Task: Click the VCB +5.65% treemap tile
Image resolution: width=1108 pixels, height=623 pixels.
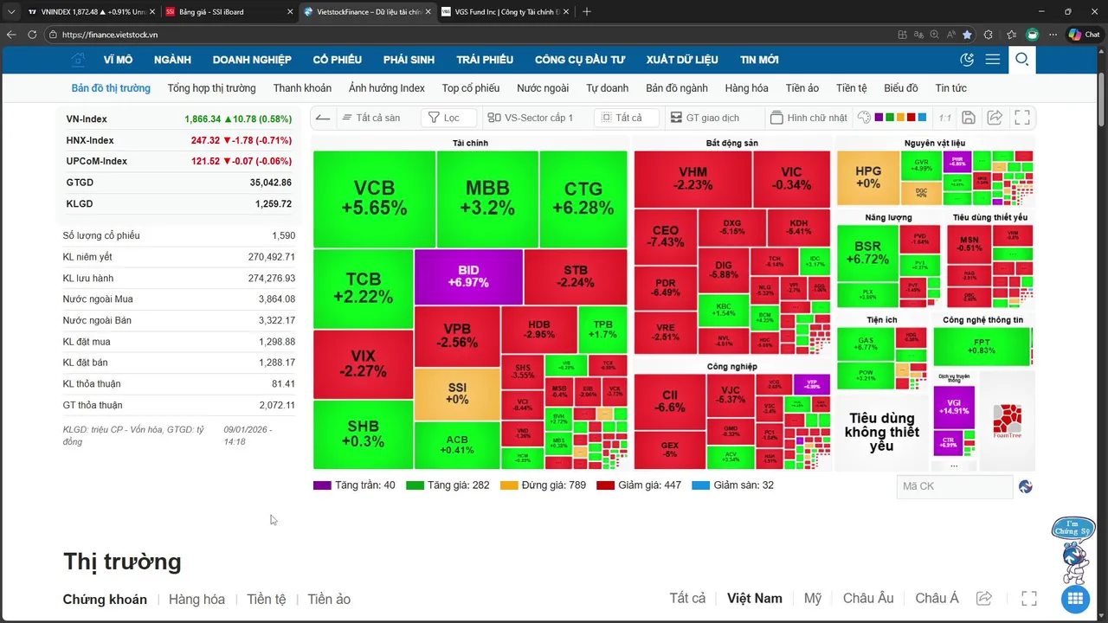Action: coord(374,199)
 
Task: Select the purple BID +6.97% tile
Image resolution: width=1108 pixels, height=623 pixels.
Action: coord(468,277)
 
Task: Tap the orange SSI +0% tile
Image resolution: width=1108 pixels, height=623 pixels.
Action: coord(456,394)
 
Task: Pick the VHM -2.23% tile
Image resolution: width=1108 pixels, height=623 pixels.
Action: coord(692,179)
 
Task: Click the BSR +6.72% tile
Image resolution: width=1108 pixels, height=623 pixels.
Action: coord(866,252)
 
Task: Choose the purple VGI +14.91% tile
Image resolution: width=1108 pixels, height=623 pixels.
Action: coord(953,407)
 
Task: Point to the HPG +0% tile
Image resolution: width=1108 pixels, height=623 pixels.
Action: coord(867,177)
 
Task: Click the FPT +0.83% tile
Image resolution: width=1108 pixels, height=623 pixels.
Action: coord(982,346)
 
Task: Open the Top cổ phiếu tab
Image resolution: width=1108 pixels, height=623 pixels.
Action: coord(471,88)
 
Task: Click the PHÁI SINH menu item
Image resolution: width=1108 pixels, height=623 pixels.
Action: coord(409,60)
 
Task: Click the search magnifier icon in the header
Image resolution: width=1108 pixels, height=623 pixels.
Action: coord(1021,60)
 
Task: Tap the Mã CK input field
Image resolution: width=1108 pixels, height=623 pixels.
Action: coord(954,486)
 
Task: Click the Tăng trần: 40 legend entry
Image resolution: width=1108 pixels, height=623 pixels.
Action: coord(355,485)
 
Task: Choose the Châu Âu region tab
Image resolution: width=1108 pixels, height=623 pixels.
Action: coord(867,599)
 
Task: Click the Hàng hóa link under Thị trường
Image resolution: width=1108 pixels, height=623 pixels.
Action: coord(196,600)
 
